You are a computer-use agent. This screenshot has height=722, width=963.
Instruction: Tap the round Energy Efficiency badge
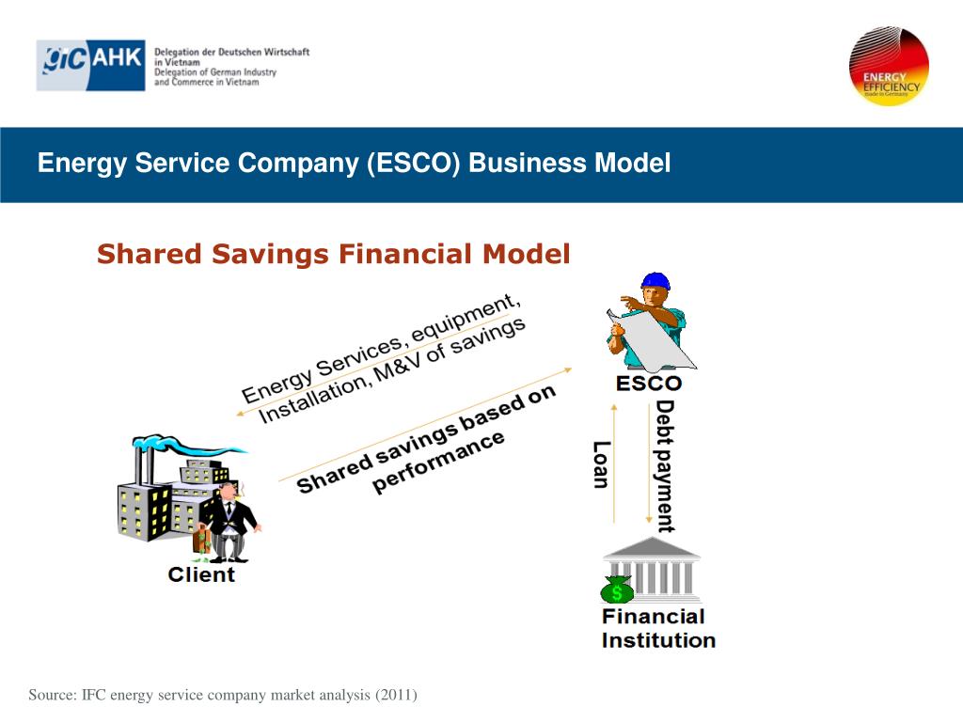[889, 65]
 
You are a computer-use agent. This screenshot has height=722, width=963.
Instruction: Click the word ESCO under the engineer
[648, 384]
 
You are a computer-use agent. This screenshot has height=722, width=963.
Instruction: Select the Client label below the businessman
[201, 573]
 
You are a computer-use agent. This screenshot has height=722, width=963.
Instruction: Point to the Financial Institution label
[658, 628]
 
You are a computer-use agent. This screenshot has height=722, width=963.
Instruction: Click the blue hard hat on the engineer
[655, 281]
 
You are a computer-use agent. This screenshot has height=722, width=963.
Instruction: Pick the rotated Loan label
[601, 464]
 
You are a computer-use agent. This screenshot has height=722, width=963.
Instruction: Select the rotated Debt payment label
[665, 465]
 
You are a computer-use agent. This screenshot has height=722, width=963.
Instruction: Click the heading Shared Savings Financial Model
[334, 254]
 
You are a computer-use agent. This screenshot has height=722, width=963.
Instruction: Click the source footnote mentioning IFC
[223, 695]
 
